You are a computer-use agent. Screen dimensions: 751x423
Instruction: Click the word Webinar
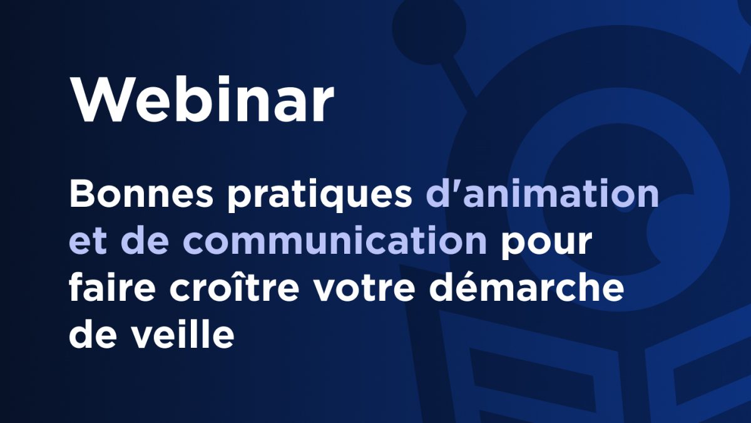tap(202, 100)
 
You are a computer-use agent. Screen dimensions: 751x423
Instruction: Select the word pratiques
tap(320, 197)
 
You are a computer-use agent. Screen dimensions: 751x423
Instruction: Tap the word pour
tap(546, 244)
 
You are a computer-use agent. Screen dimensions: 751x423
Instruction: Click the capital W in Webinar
tap(97, 100)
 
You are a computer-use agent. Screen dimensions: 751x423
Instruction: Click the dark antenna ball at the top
tap(429, 28)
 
